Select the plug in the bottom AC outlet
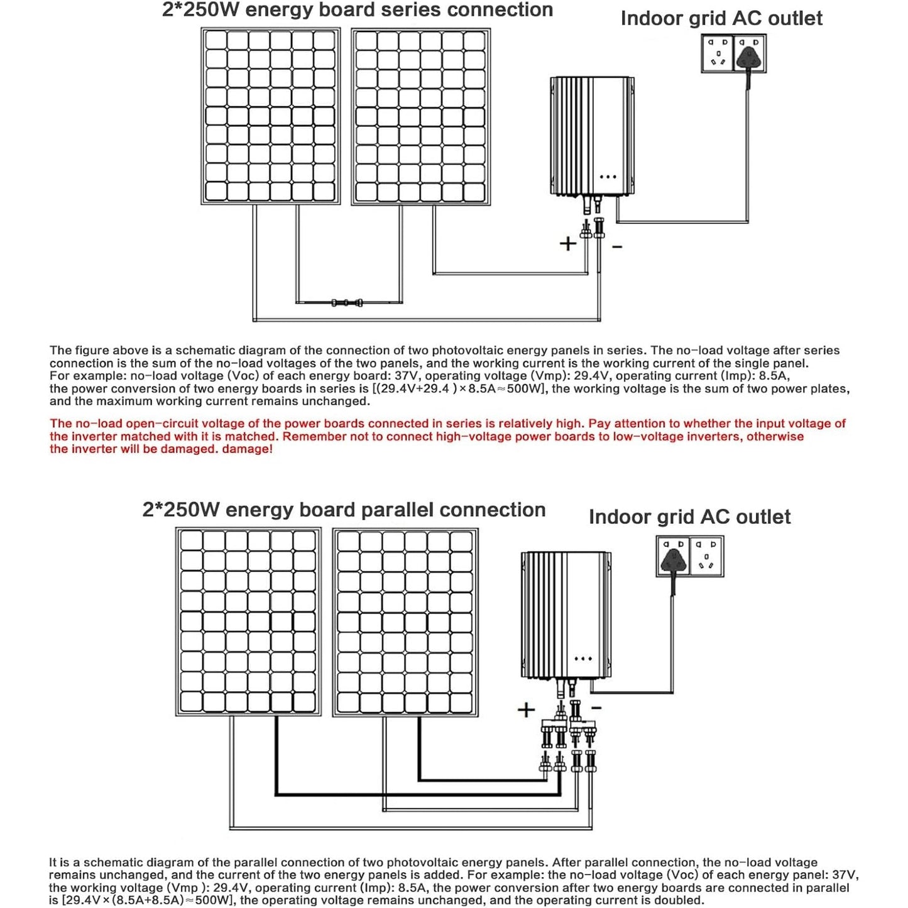coord(673,558)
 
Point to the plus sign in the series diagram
coord(568,243)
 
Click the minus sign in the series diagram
coord(617,248)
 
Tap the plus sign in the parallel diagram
coord(526,710)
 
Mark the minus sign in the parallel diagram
coord(596,708)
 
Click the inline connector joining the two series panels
coord(347,303)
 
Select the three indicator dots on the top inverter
coord(608,177)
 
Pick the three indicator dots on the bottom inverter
coord(583,659)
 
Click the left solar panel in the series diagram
coord(271,116)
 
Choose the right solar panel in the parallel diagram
coord(405,622)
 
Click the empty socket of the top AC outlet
coord(718,53)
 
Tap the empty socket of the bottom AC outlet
coord(707,556)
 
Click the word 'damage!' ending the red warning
coord(247,449)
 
